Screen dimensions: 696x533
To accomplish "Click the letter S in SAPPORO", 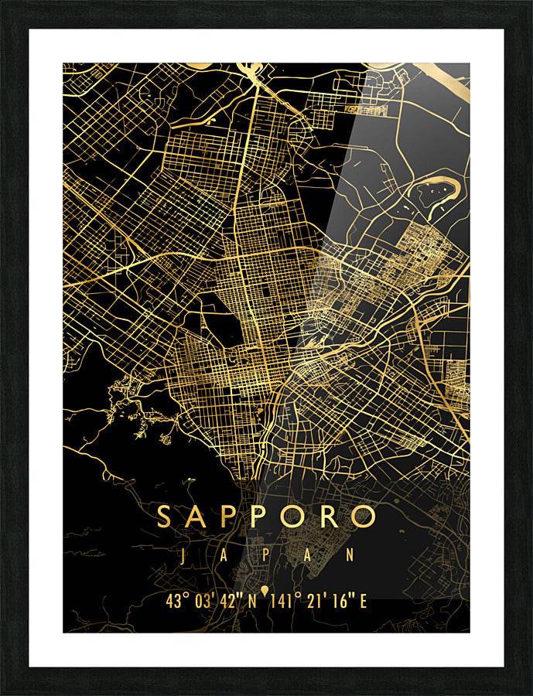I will pyautogui.click(x=166, y=516).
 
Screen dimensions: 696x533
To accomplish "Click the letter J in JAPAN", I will pyautogui.click(x=183, y=555).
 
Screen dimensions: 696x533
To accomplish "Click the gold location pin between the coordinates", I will pyautogui.click(x=266, y=592).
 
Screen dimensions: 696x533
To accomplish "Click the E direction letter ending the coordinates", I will pyautogui.click(x=363, y=601).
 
